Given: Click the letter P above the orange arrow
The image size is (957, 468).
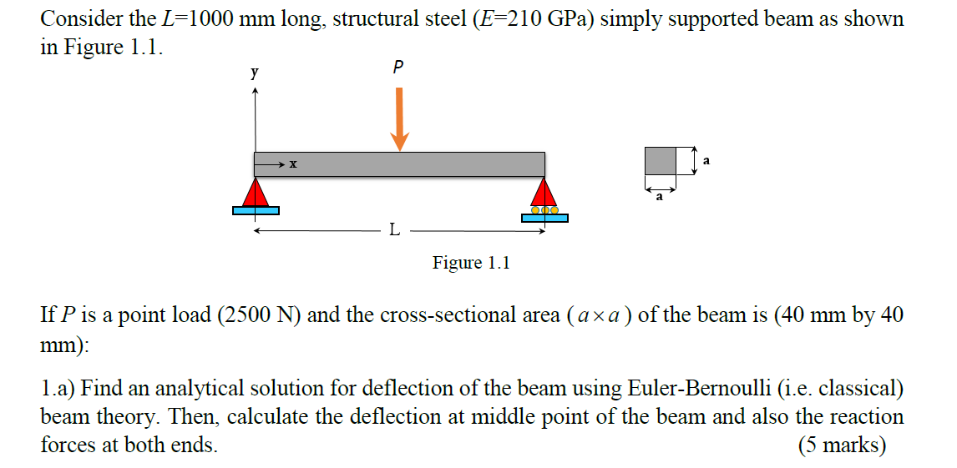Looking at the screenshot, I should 397,67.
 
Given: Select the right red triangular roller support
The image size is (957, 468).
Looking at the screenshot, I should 544,194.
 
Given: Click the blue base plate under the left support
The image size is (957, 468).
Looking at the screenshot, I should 256,211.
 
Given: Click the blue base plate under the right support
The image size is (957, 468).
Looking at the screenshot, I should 544,219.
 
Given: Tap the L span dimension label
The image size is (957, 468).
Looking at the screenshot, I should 393,230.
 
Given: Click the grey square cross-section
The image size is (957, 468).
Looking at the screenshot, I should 660,160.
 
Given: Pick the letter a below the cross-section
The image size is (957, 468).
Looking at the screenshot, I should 660,197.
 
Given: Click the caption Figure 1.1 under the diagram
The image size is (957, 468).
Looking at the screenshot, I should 471,263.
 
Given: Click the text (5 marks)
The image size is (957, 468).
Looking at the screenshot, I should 842,445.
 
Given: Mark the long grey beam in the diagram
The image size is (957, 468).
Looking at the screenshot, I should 468,164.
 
